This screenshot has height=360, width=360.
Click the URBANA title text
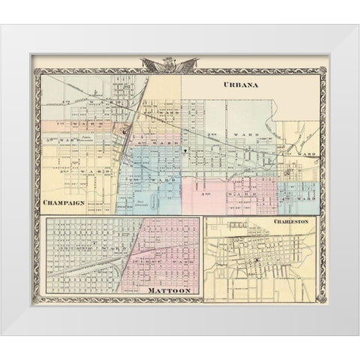click(x=240, y=85)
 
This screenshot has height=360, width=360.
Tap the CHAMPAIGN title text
click(x=66, y=202)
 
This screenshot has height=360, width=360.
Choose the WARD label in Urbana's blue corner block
click(x=307, y=198)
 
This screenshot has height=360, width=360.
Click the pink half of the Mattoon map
click(x=161, y=262)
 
